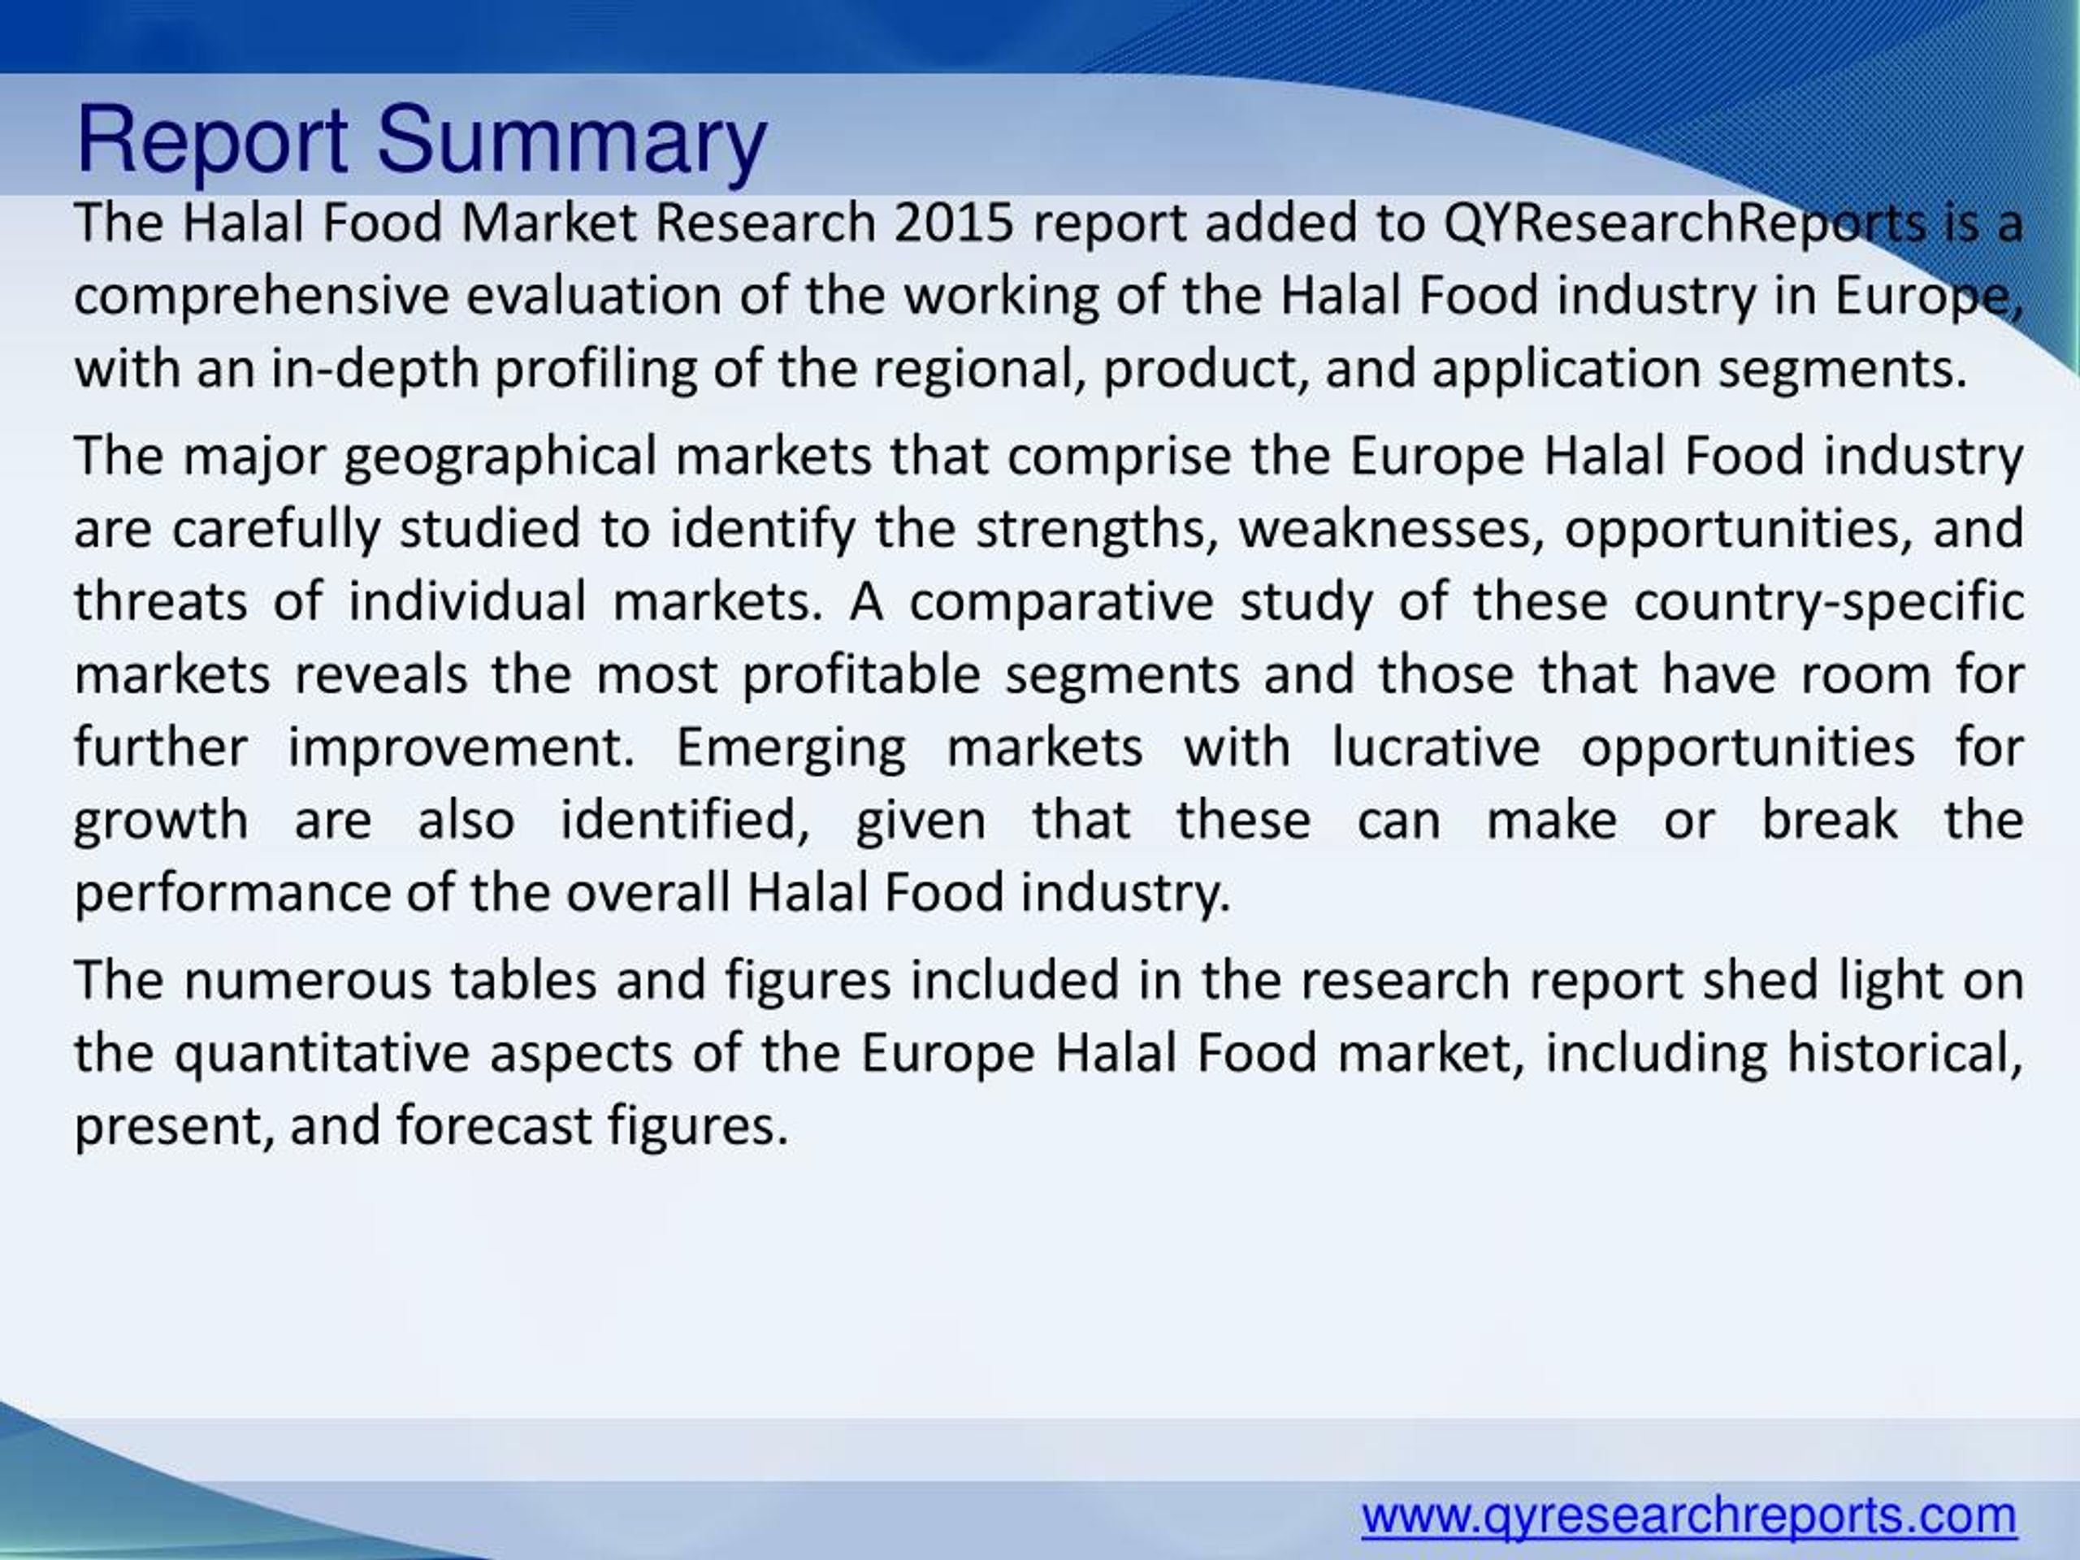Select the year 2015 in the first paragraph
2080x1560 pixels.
click(954, 223)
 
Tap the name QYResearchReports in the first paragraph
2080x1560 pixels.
click(1684, 223)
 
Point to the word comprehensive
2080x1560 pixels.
click(262, 297)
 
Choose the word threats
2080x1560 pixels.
click(161, 603)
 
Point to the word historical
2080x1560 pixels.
click(1904, 1054)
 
